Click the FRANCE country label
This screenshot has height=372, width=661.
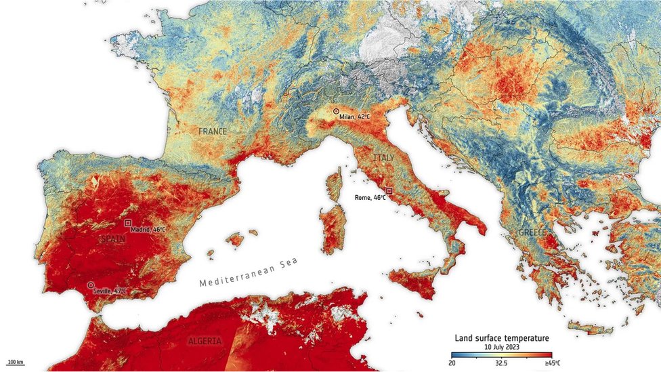213,131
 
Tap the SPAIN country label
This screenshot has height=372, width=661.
112,239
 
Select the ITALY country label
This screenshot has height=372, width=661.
383,158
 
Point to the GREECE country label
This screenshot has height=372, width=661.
532,232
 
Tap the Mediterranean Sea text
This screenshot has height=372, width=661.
249,272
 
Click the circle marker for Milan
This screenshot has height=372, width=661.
336,111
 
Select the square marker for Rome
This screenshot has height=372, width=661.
389,191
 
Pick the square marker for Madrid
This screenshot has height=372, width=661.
127,223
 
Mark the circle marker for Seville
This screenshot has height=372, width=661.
91,285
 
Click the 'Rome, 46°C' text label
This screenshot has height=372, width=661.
370,198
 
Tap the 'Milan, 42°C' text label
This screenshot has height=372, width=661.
356,117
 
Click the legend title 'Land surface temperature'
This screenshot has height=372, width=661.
502,338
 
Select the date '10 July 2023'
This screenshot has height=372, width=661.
502,347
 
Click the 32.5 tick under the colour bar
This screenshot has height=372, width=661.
502,363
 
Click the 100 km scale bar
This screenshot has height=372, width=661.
15,362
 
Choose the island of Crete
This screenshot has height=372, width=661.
589,329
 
